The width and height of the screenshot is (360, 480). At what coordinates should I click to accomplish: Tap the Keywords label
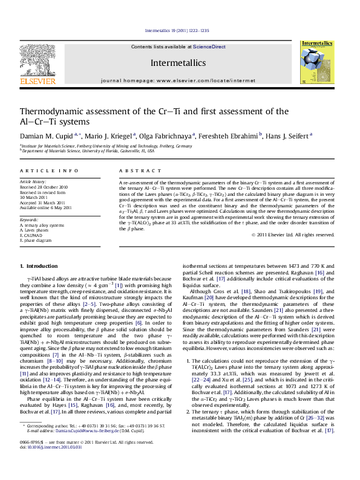click(x=29, y=218)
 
